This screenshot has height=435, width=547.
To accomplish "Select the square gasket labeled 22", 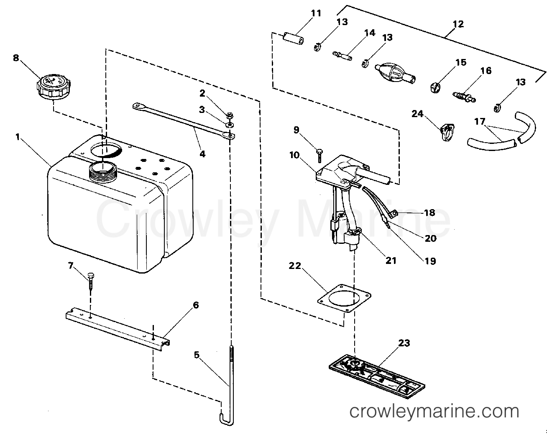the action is (x=344, y=298).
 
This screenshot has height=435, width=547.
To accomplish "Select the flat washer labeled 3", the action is (x=230, y=125).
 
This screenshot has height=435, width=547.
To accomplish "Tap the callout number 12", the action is (x=458, y=24).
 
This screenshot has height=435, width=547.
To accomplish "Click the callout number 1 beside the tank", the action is (x=18, y=137).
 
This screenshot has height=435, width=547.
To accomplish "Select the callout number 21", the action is (x=391, y=261).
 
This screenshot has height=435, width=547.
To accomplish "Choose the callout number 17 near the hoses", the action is (x=480, y=121).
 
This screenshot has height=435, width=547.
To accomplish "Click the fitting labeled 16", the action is (x=464, y=97).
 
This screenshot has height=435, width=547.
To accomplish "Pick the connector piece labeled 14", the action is (x=343, y=56).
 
